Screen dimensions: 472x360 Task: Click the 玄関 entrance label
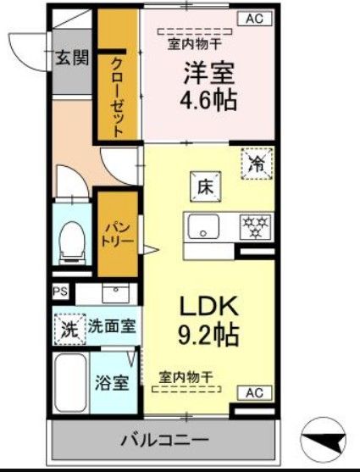coord(72,58)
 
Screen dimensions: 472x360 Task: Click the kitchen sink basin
coord(203,226)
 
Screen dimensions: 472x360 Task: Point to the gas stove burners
coord(256,225)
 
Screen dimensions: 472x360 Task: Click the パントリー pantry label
coord(117,234)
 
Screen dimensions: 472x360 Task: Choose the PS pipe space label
coord(59,292)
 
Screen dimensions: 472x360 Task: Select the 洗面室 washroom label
coord(114,325)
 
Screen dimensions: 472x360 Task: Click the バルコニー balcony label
coord(165,441)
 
